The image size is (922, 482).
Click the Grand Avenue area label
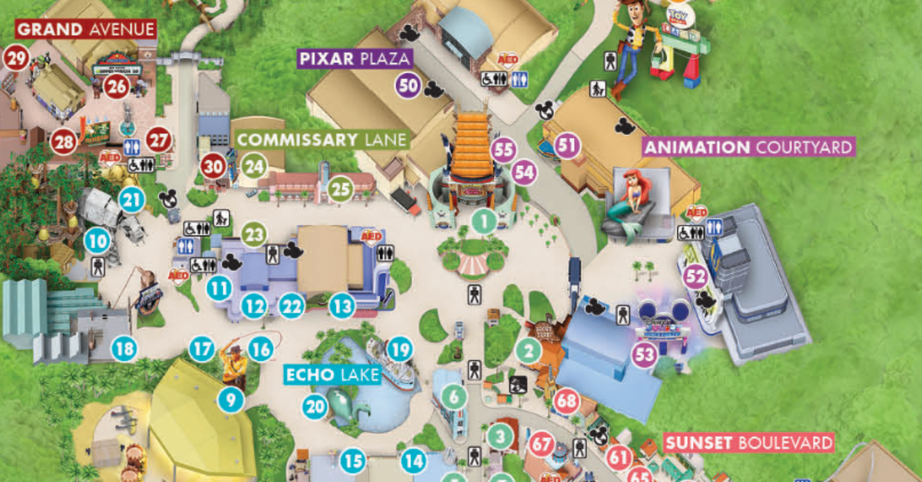coord(85,30)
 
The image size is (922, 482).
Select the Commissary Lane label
coord(323,140)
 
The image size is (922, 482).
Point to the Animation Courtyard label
coord(748,147)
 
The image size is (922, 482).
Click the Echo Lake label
coord(332,375)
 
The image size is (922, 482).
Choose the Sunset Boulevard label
coord(748,443)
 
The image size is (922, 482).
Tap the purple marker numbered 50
coord(410,85)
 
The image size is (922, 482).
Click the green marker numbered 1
coord(484,222)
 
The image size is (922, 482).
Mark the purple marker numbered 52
coord(695,277)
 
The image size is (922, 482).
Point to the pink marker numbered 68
coord(567,401)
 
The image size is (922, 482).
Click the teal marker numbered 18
coord(124,349)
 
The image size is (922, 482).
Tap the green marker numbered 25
coord(340,189)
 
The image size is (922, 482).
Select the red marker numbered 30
coord(214,166)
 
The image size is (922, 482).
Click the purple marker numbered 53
coord(646,355)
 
